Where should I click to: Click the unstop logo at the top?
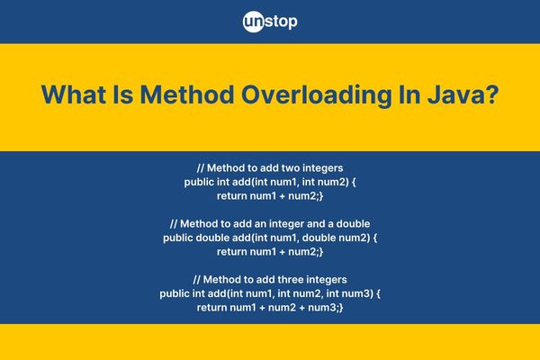pos(270,22)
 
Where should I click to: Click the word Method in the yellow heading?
pos(187,94)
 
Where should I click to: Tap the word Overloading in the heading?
pos(317,95)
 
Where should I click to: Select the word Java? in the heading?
pos(463,94)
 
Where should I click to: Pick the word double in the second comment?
pos(353,223)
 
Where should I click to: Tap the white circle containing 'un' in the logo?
pos(254,22)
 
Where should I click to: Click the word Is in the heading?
pos(123,94)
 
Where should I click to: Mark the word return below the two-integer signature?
pos(232,196)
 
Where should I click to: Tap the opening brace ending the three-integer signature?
pos(379,294)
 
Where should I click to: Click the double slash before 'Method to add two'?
pos(201,168)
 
